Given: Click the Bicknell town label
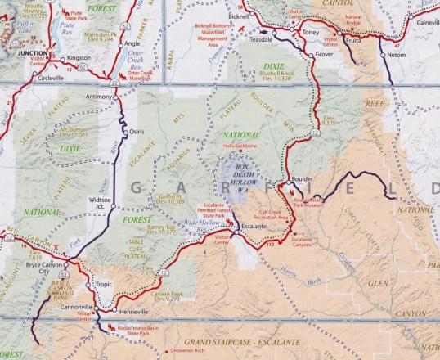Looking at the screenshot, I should click(240, 16).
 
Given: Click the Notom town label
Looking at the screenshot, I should click(396, 56).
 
